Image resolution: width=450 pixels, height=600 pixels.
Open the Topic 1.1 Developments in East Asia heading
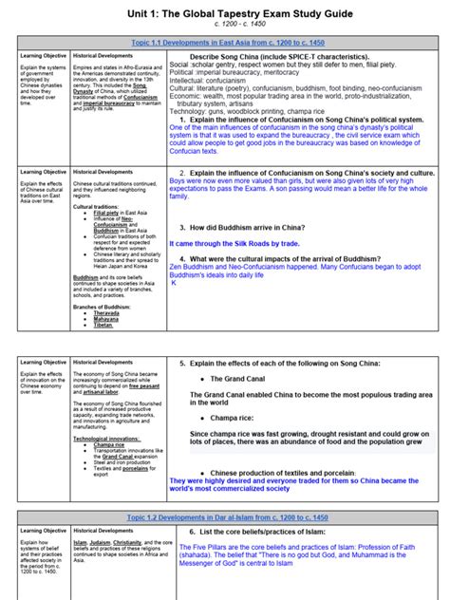pos(225,43)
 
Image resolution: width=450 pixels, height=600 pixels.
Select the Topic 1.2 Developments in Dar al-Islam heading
pos(225,517)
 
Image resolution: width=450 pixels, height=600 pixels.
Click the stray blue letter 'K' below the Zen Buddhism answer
pos(174,282)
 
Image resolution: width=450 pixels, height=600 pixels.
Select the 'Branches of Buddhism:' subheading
pos(100,305)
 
